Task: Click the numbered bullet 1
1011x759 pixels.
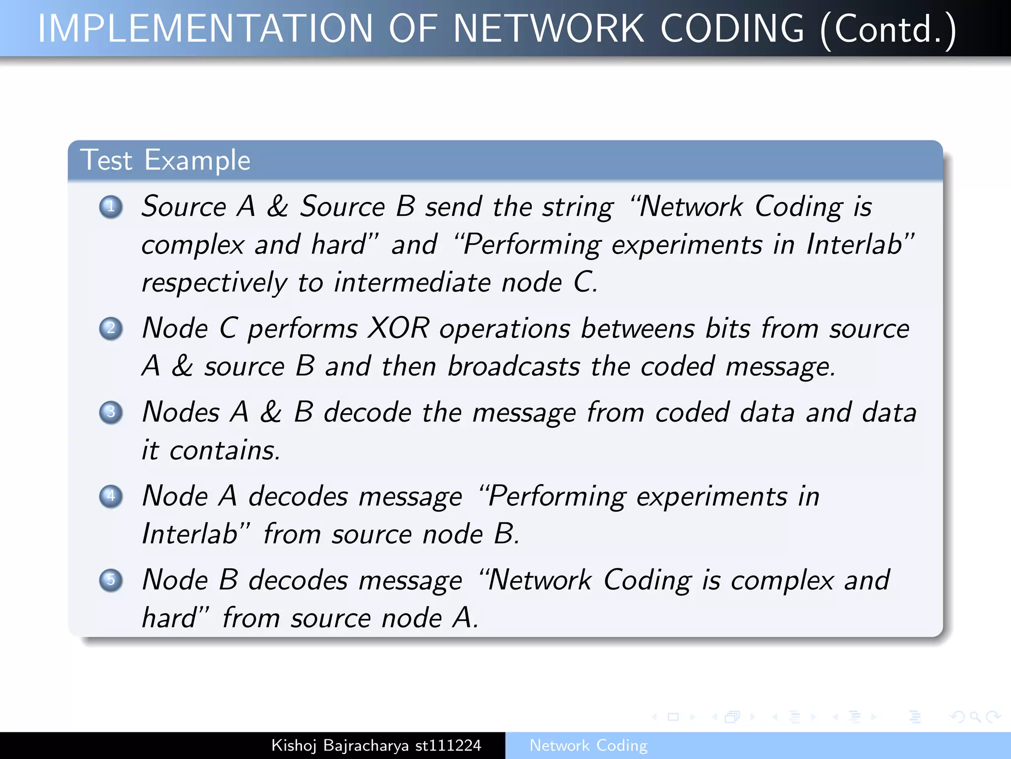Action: point(111,207)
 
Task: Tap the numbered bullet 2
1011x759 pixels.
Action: point(111,329)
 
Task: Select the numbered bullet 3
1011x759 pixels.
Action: point(111,412)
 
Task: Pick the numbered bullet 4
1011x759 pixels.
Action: point(111,496)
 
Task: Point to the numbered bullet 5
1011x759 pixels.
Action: point(111,580)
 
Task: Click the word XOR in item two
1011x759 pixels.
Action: point(399,328)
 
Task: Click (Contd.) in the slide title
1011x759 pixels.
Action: point(888,30)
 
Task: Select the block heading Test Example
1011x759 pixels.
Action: point(165,160)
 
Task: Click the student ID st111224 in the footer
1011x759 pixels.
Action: point(448,745)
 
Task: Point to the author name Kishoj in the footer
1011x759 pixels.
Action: point(294,746)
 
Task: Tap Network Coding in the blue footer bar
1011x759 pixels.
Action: point(588,745)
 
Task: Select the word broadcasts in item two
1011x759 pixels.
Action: point(513,367)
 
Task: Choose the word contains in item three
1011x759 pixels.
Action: point(225,450)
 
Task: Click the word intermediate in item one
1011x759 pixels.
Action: point(413,283)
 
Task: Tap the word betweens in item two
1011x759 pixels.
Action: point(637,328)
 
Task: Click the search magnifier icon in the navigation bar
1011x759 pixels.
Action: point(975,717)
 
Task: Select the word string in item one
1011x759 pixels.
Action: point(578,207)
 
